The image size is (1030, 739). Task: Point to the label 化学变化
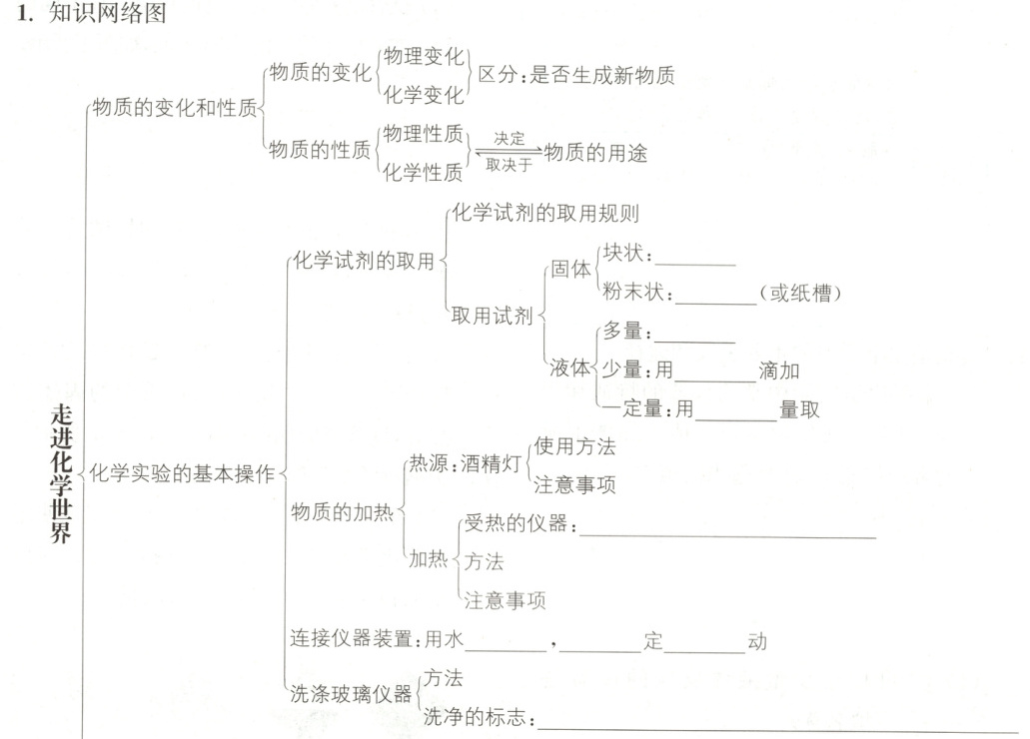click(x=425, y=95)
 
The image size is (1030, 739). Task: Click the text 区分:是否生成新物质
click(x=576, y=75)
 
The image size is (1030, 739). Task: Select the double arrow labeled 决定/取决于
click(x=509, y=152)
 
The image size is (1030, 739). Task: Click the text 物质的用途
click(x=596, y=152)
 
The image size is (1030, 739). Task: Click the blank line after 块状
click(x=695, y=263)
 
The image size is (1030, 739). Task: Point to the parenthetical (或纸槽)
click(x=802, y=294)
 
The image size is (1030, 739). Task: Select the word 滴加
click(x=779, y=371)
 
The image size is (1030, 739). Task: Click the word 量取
click(x=800, y=409)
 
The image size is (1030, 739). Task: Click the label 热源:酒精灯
click(x=466, y=463)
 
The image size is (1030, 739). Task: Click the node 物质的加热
click(x=342, y=512)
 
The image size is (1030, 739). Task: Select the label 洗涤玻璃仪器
click(x=350, y=694)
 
